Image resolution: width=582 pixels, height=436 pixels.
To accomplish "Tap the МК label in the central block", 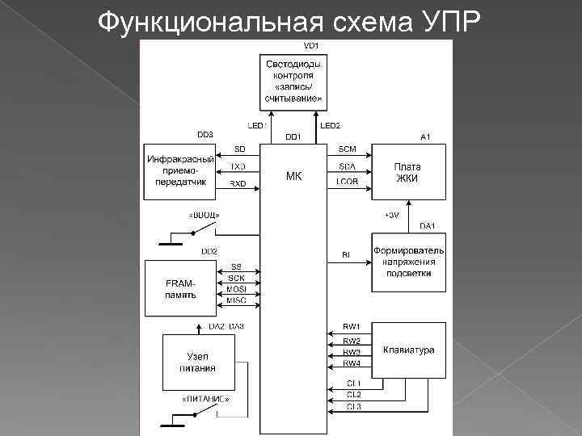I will (x=293, y=176).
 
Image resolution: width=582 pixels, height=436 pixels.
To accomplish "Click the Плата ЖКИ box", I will (x=407, y=172).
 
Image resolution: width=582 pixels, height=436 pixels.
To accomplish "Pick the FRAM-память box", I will (x=182, y=288).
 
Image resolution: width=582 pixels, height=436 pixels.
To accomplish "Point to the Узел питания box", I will (x=197, y=362).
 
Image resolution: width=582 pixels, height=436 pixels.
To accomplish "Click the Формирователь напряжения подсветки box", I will (x=408, y=262).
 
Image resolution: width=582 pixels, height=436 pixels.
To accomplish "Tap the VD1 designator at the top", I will (x=310, y=45).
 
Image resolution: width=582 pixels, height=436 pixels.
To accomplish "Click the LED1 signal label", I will (x=257, y=126).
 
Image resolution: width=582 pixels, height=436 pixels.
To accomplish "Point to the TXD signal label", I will (x=238, y=167).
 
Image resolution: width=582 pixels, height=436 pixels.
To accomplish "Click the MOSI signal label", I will (x=237, y=288).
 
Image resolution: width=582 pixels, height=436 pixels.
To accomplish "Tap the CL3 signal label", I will (x=353, y=406).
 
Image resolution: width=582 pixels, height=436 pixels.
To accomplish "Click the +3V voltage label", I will (x=392, y=216).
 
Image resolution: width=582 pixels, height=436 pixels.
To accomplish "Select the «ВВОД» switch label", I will (x=205, y=215).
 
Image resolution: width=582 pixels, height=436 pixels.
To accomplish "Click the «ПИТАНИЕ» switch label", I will (x=205, y=399).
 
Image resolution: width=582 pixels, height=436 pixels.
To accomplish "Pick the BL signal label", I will (x=346, y=255).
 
